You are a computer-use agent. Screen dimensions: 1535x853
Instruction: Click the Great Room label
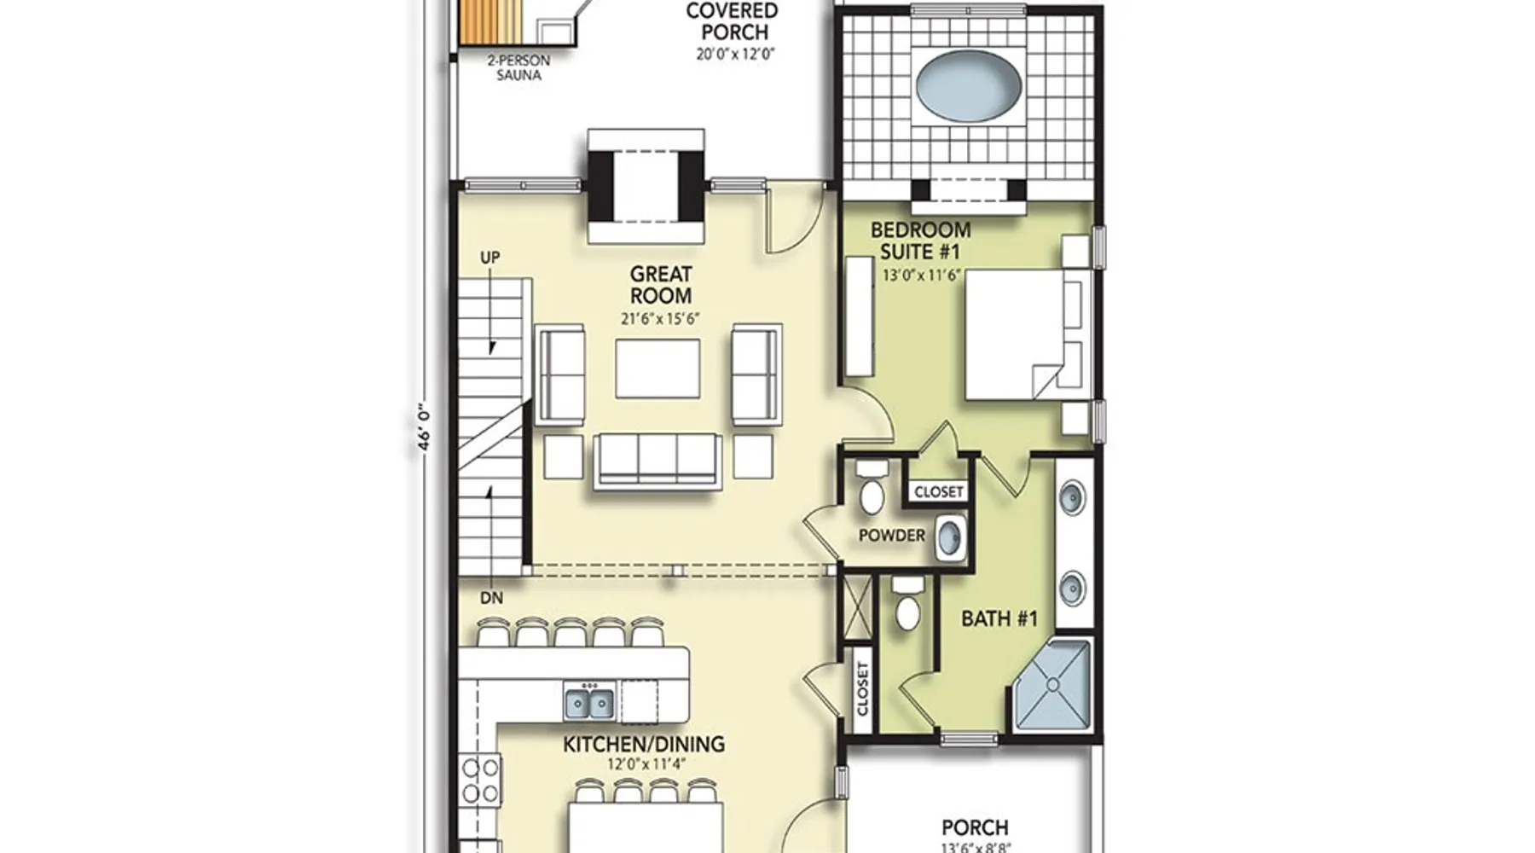[661, 285]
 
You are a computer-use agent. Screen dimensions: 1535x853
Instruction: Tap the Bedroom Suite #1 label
[920, 241]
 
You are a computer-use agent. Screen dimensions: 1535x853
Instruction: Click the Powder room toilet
[872, 488]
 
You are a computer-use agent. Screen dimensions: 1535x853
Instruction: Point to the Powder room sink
[951, 537]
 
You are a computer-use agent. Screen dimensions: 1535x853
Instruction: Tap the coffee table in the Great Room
[657, 368]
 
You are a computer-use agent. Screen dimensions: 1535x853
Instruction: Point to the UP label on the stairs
[489, 258]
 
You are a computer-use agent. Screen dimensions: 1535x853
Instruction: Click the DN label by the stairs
[491, 598]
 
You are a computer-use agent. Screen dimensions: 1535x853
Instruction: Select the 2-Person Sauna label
[518, 67]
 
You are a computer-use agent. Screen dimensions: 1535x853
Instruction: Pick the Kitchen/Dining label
[644, 744]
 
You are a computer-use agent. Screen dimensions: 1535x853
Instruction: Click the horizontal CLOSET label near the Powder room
[938, 492]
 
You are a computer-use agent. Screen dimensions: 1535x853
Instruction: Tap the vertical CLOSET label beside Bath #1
[862, 689]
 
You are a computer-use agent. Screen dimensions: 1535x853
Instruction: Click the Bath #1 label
[999, 618]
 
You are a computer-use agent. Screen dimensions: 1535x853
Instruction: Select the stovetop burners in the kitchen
[480, 780]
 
